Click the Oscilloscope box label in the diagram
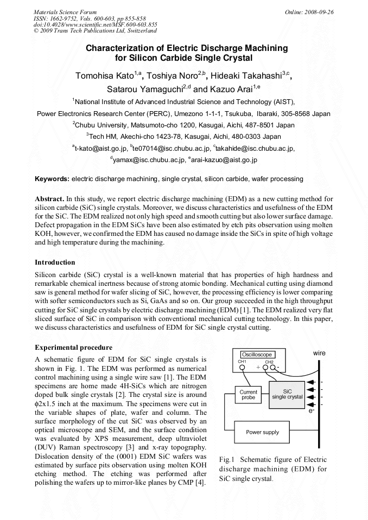tap(257, 355)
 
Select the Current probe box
tap(248, 394)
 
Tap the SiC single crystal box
tap(287, 394)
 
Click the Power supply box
tap(262, 432)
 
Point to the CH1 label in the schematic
tap(242, 361)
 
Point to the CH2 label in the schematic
tap(269, 361)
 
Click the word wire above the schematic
tap(319, 353)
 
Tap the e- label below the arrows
tap(312, 411)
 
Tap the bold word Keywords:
tap(52, 178)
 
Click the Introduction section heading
tap(55, 262)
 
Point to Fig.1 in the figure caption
tap(227, 459)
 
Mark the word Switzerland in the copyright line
tap(135, 31)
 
